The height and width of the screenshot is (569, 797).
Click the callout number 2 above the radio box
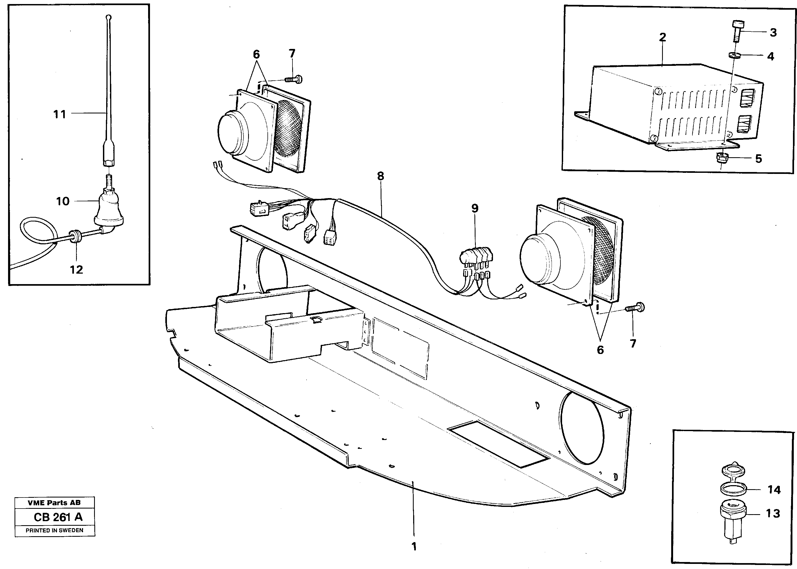(662, 37)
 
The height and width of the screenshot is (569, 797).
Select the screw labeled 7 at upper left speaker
(294, 79)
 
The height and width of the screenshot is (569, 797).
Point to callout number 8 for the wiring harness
(380, 176)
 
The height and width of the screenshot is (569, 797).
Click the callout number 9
(474, 208)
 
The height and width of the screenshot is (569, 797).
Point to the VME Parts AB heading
(54, 502)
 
